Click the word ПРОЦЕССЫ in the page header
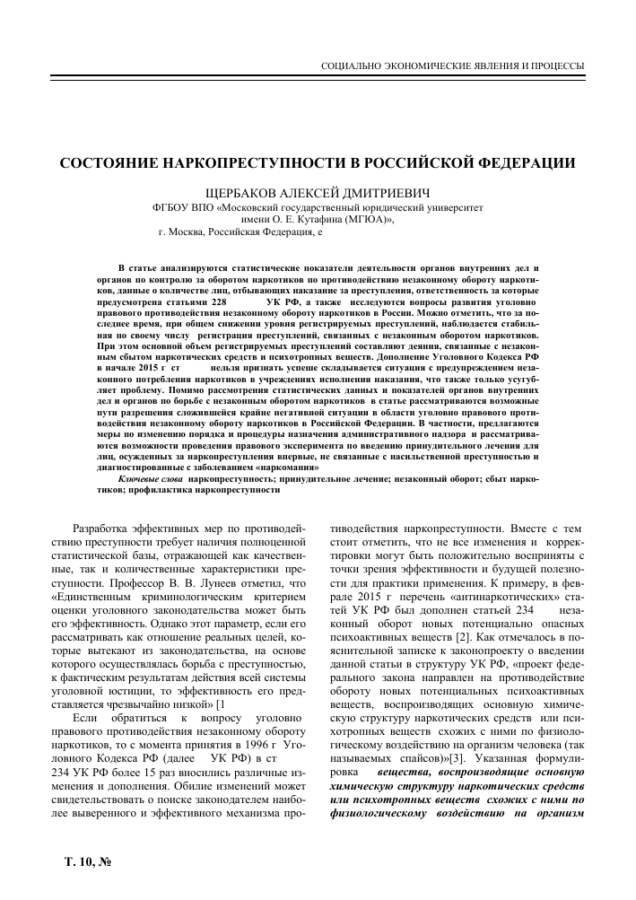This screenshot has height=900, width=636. click(558, 66)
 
